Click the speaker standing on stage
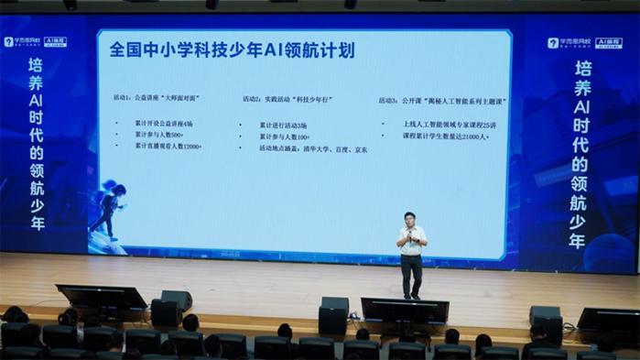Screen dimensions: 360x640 tap(412, 251)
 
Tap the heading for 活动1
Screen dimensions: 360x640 tap(165, 98)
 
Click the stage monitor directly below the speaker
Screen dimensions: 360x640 tap(404, 310)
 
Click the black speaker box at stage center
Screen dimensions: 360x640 tap(333, 313)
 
